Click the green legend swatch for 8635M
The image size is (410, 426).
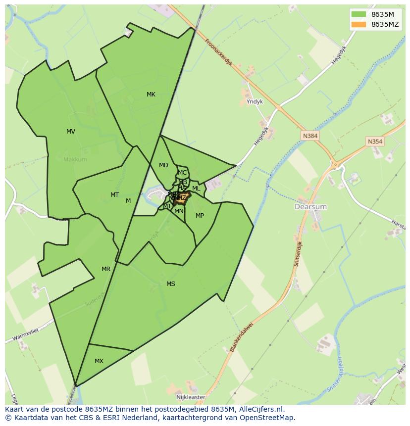tap(359, 14)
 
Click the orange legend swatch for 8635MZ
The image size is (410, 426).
tap(359, 24)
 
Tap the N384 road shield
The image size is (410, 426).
tap(310, 135)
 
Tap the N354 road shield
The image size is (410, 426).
tap(375, 142)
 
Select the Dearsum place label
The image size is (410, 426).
tap(310, 206)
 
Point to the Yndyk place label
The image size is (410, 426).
tap(255, 101)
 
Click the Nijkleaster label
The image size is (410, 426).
tap(190, 397)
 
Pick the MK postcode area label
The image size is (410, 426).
tap(151, 95)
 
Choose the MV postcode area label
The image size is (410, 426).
tap(71, 132)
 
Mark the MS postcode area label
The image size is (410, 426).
tap(171, 284)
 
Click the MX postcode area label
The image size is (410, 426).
tap(99, 361)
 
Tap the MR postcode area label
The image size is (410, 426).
tap(106, 269)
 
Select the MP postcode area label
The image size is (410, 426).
tap(200, 216)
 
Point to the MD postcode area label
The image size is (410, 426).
tap(163, 165)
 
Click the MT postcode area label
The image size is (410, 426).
tap(114, 195)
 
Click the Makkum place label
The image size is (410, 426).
tap(75, 159)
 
